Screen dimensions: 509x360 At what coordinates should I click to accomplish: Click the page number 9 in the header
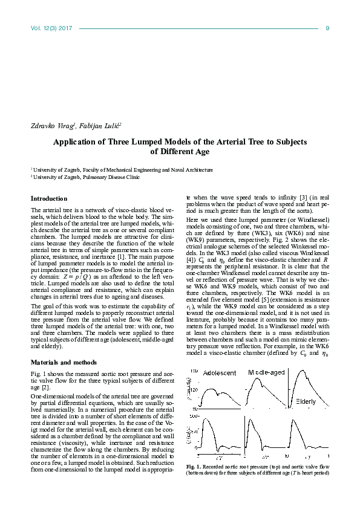click(327, 28)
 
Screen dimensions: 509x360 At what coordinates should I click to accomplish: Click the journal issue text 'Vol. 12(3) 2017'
click(51, 28)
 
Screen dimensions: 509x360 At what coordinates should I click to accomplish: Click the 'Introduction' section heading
click(49, 198)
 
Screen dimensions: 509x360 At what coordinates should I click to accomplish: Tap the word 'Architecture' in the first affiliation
click(195, 170)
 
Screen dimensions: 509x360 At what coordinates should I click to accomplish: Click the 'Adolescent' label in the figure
click(220, 374)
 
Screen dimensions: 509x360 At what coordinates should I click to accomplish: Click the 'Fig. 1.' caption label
click(194, 467)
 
